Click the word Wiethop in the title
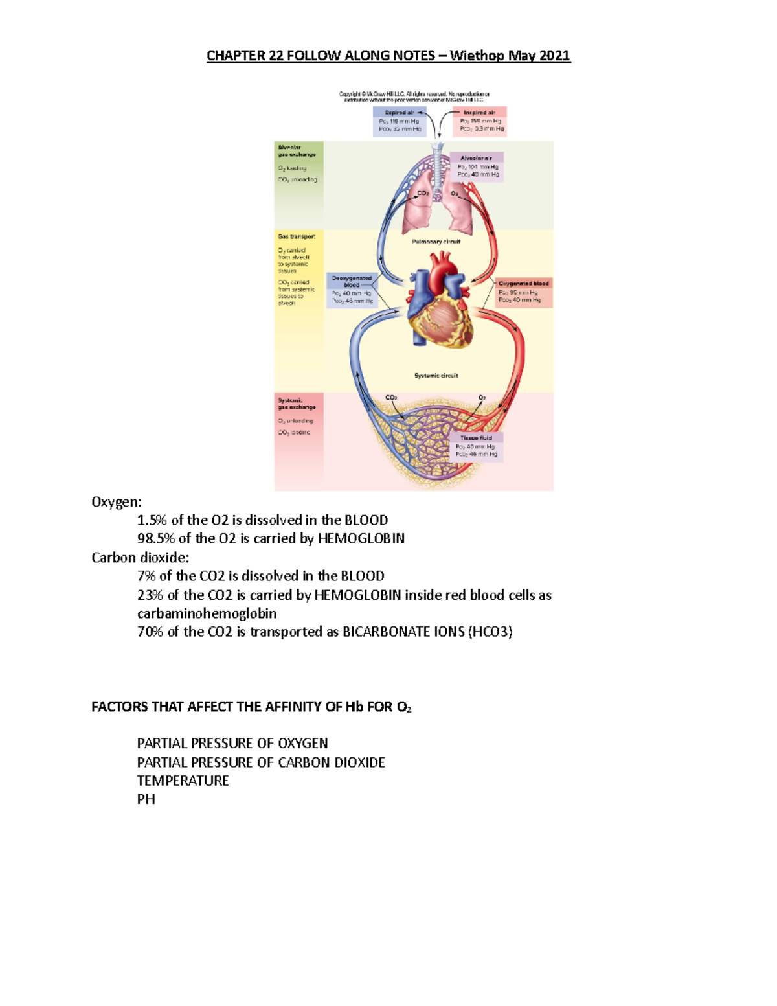477,56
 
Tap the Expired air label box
400,121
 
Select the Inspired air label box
480,121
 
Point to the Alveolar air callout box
478,166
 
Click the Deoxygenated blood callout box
352,290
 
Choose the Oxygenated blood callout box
523,292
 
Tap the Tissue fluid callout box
477,446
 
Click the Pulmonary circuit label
436,242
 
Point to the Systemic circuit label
436,376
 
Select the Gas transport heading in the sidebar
297,237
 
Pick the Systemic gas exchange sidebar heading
297,404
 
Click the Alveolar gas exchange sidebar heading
297,151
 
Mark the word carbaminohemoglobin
207,613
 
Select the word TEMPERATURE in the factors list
183,781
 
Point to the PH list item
146,799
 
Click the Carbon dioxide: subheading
140,558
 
